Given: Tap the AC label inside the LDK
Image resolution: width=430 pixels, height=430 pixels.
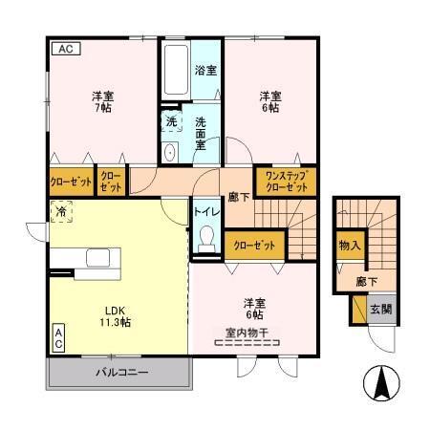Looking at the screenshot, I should tap(58, 338).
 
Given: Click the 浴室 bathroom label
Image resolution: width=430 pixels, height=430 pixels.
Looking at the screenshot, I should tap(205, 71).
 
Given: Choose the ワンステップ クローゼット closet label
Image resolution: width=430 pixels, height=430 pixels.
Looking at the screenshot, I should tap(286, 182).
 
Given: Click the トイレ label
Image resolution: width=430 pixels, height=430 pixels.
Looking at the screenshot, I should tap(204, 211).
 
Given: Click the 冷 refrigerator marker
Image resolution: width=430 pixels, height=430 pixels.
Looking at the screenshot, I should tap(60, 213).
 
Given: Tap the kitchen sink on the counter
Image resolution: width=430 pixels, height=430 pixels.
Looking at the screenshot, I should tap(99, 258).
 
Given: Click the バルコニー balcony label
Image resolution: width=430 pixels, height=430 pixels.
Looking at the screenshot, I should tap(120, 372).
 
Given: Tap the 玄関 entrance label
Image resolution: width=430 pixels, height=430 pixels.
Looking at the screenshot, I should tap(379, 309).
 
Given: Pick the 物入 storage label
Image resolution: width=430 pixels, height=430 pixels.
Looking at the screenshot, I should tap(349, 245).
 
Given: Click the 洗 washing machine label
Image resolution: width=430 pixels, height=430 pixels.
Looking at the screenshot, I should tap(170, 121).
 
